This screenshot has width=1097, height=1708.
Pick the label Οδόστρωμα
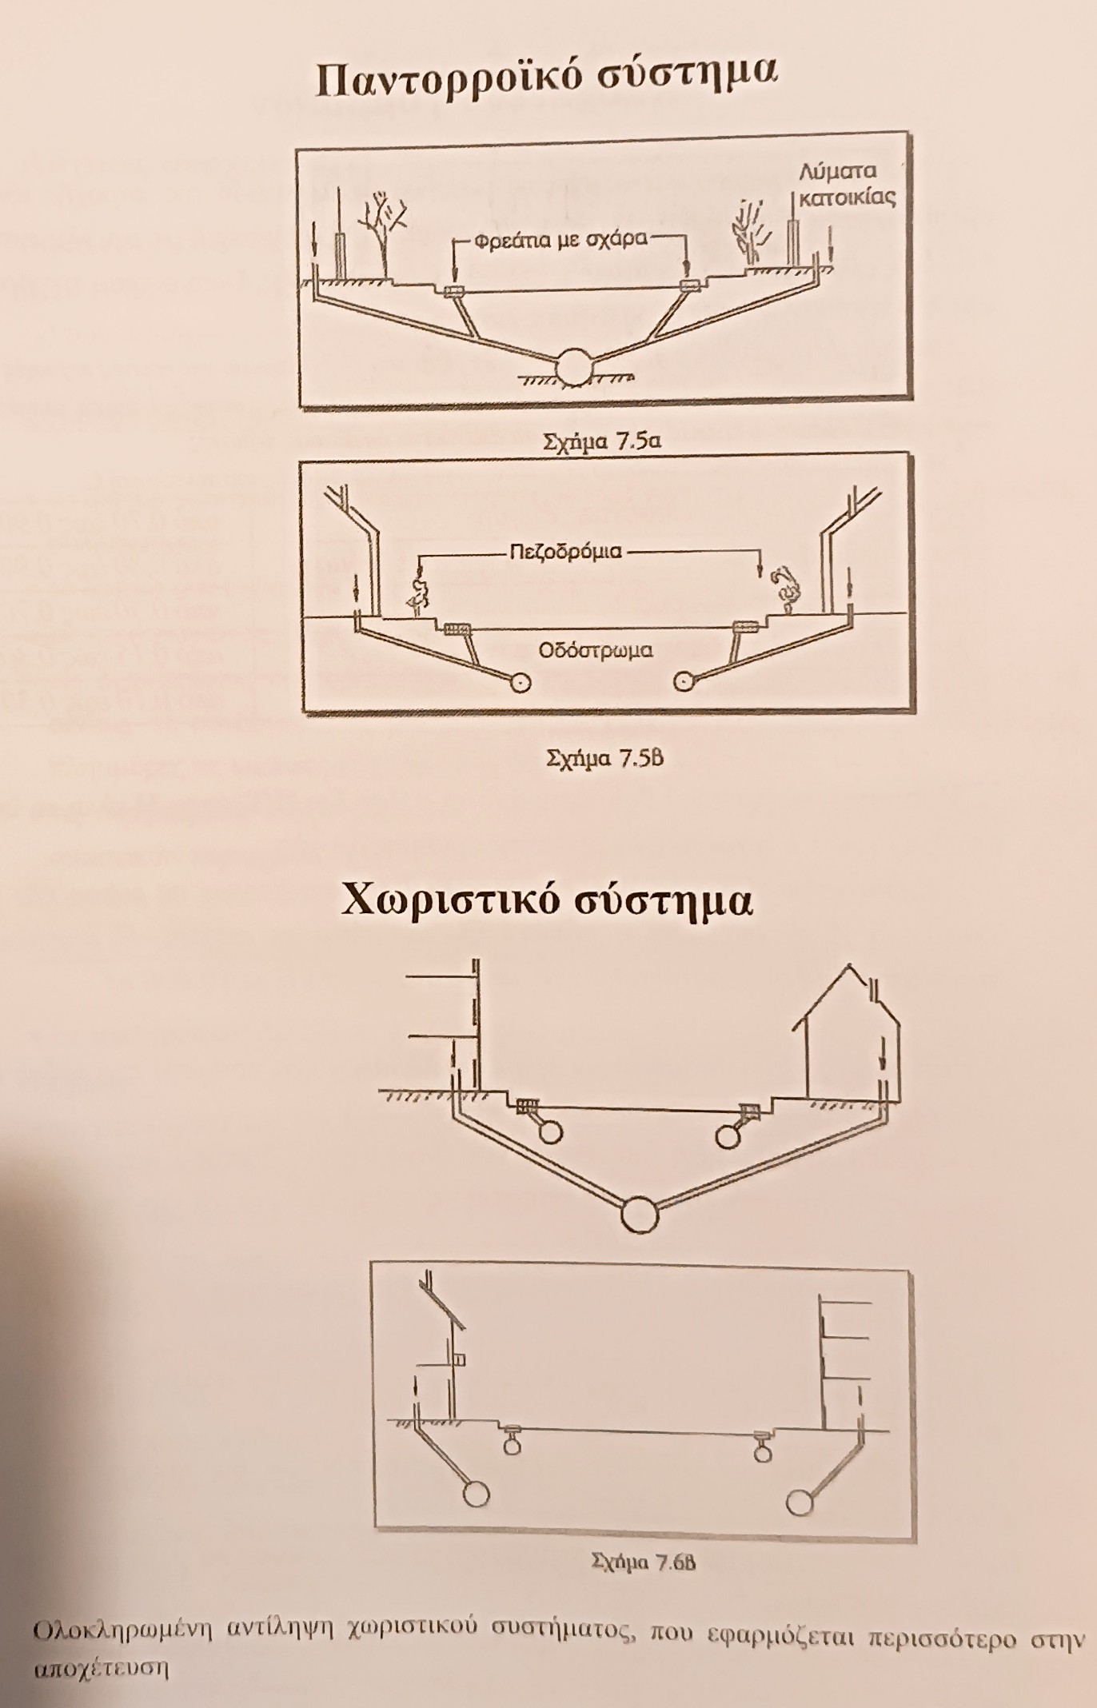tap(596, 649)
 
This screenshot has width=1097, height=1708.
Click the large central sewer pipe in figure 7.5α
tap(575, 367)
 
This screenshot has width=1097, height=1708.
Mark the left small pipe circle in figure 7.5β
tap(521, 681)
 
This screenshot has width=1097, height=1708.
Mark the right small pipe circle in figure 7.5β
tap(684, 681)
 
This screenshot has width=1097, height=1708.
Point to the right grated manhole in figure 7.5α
tap(688, 286)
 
